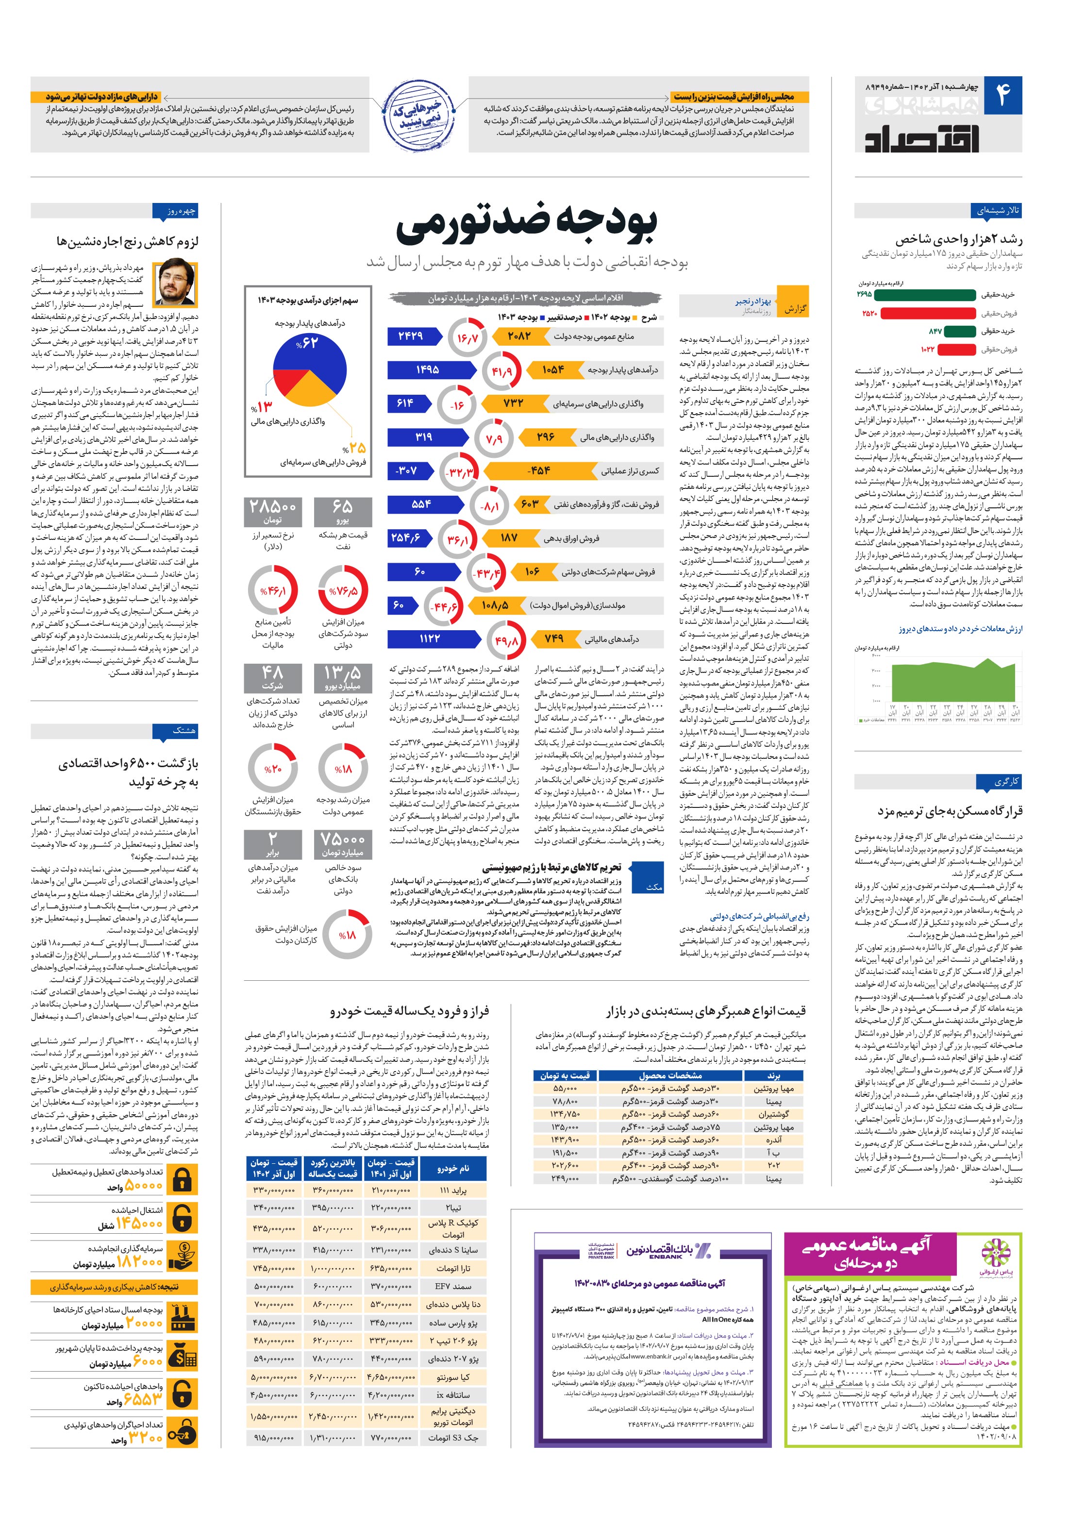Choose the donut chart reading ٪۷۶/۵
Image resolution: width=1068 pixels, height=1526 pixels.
click(x=343, y=590)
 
